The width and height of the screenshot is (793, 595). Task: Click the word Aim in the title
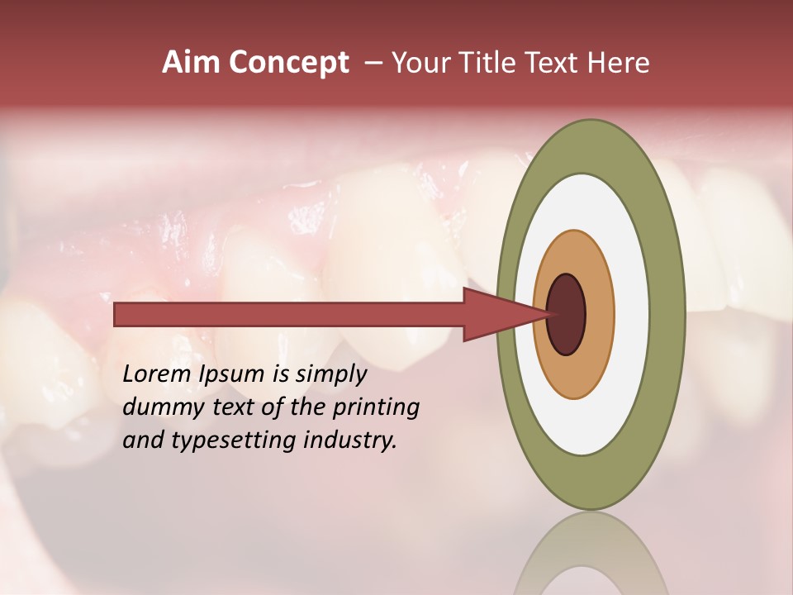(192, 63)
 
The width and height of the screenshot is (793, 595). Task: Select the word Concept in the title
(288, 63)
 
